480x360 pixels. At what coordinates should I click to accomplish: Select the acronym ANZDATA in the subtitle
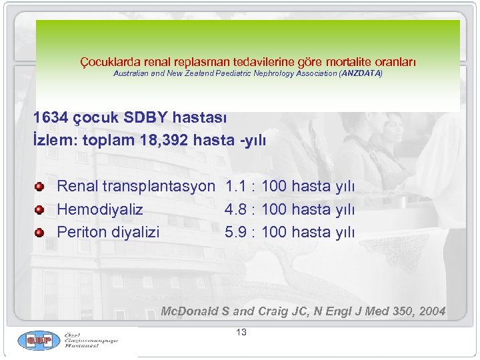(360, 73)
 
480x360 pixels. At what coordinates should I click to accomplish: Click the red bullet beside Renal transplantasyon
(40, 187)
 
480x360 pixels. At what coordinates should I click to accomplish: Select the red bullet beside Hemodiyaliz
(40, 210)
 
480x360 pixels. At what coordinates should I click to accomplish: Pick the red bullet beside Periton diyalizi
(40, 233)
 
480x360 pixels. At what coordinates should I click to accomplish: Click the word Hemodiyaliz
(100, 209)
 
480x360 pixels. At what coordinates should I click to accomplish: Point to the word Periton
(81, 232)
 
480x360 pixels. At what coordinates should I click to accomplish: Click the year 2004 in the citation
(431, 311)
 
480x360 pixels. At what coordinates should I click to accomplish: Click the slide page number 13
(241, 332)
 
